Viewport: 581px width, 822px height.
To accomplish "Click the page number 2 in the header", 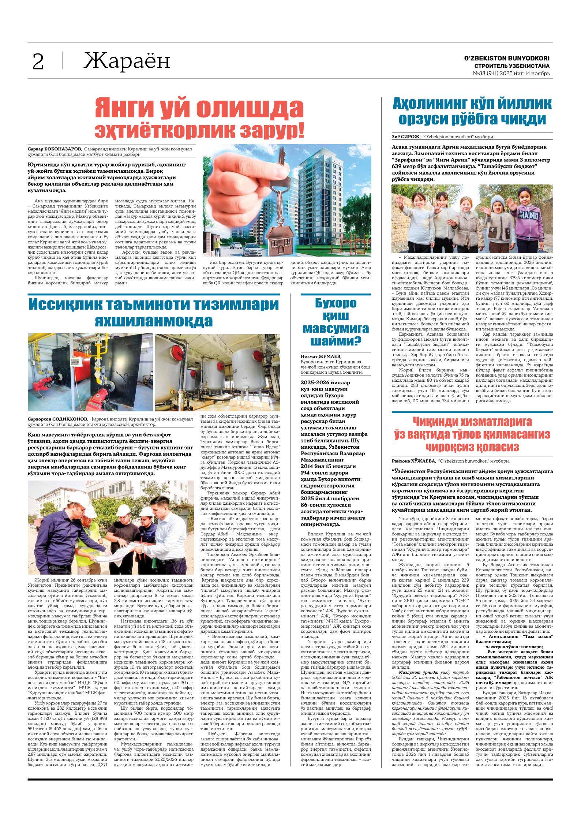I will pyautogui.click(x=38, y=62).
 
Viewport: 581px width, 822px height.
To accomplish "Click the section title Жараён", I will pyautogui.click(x=127, y=61).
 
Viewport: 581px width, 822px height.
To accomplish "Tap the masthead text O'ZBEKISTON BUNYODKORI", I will pyautogui.click(x=507, y=59).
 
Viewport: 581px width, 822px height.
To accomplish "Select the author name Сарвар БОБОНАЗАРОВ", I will pyautogui.click(x=55, y=149).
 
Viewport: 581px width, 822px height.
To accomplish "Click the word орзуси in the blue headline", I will pyautogui.click(x=432, y=119).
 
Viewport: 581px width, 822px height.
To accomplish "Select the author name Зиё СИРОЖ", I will pyautogui.click(x=406, y=137).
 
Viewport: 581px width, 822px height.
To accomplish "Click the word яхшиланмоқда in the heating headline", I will pyautogui.click(x=154, y=321).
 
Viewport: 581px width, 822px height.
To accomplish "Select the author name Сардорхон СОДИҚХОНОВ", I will pyautogui.click(x=58, y=419).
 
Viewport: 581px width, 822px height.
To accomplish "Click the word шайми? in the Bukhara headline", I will pyautogui.click(x=336, y=341).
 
